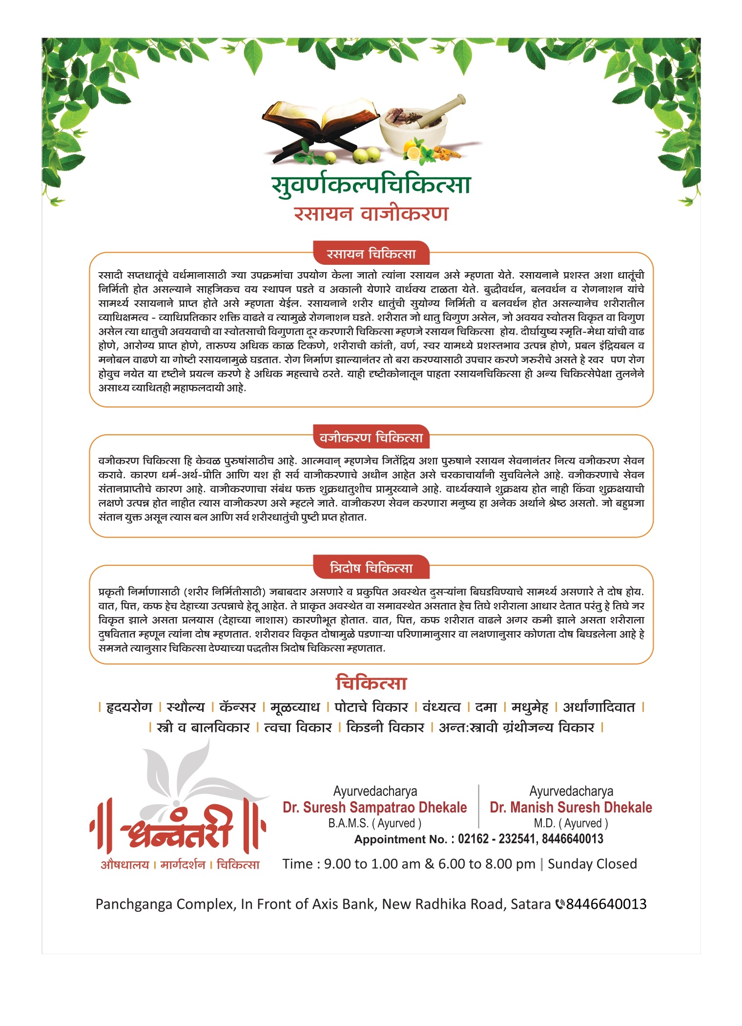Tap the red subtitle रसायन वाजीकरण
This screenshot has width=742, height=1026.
tap(371, 214)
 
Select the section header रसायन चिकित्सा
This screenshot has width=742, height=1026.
tap(371, 254)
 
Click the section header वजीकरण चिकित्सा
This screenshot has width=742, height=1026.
tap(371, 438)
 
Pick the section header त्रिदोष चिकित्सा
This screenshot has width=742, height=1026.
tap(371, 568)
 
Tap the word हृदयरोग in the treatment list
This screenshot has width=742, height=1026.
tap(129, 707)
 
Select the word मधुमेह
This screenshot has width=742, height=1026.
tap(530, 707)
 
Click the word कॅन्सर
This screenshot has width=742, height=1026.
tap(238, 707)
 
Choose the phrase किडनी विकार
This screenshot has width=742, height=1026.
tap(385, 727)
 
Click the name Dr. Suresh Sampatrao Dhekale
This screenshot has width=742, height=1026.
tap(375, 807)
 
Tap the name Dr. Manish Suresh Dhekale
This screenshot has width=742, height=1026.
tap(571, 807)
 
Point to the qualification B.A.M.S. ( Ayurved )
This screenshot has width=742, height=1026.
tap(375, 823)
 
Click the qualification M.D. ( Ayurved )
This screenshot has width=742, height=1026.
tap(571, 823)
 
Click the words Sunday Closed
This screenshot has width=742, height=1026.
tap(592, 864)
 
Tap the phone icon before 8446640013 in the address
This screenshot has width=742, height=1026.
tap(560, 904)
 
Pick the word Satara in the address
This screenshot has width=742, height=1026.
tap(531, 904)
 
